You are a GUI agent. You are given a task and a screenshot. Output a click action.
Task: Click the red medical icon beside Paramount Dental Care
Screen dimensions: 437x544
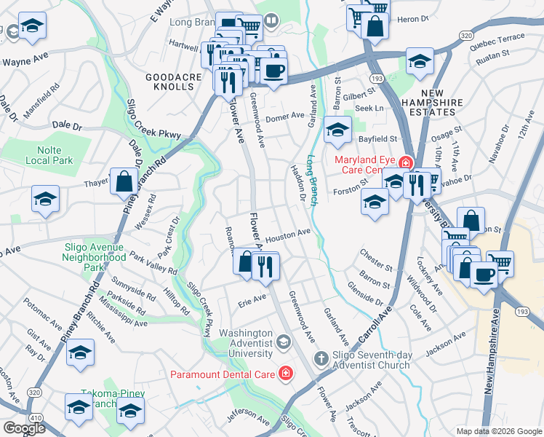tap(287, 374)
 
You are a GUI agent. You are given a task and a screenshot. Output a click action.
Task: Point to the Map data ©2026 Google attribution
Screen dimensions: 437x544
tap(499, 431)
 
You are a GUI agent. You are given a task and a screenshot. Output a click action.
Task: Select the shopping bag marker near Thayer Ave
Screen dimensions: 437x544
tap(122, 181)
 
